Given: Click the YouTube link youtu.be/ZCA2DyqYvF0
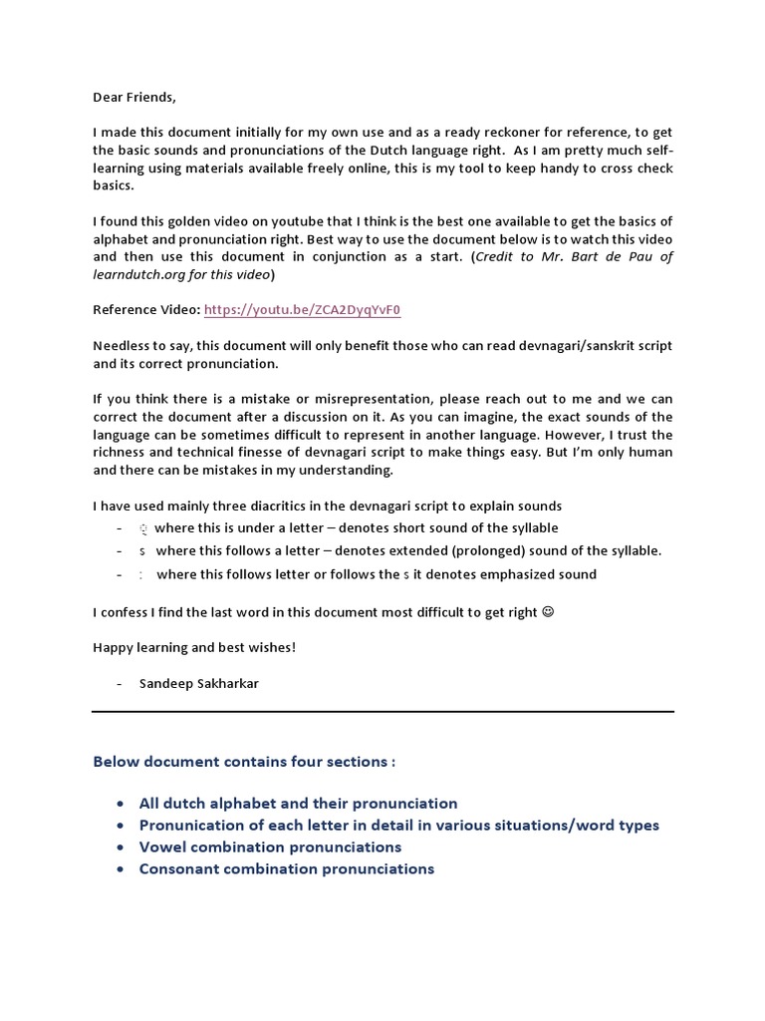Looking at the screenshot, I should click(302, 310).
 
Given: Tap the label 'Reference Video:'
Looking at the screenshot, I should click(146, 310).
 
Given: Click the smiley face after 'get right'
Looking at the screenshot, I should click(548, 611).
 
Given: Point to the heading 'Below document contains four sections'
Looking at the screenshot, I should click(244, 761).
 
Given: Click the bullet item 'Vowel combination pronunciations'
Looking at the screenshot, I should click(270, 847).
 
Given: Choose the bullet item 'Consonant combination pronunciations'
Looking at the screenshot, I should click(287, 868).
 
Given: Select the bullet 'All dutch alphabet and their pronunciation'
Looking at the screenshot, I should click(298, 803).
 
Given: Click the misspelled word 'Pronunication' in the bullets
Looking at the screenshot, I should click(189, 825).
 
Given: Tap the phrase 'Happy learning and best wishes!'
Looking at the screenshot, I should click(194, 647).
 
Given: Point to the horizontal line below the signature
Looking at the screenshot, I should click(382, 711).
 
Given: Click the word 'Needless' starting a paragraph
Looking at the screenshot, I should click(122, 345).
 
